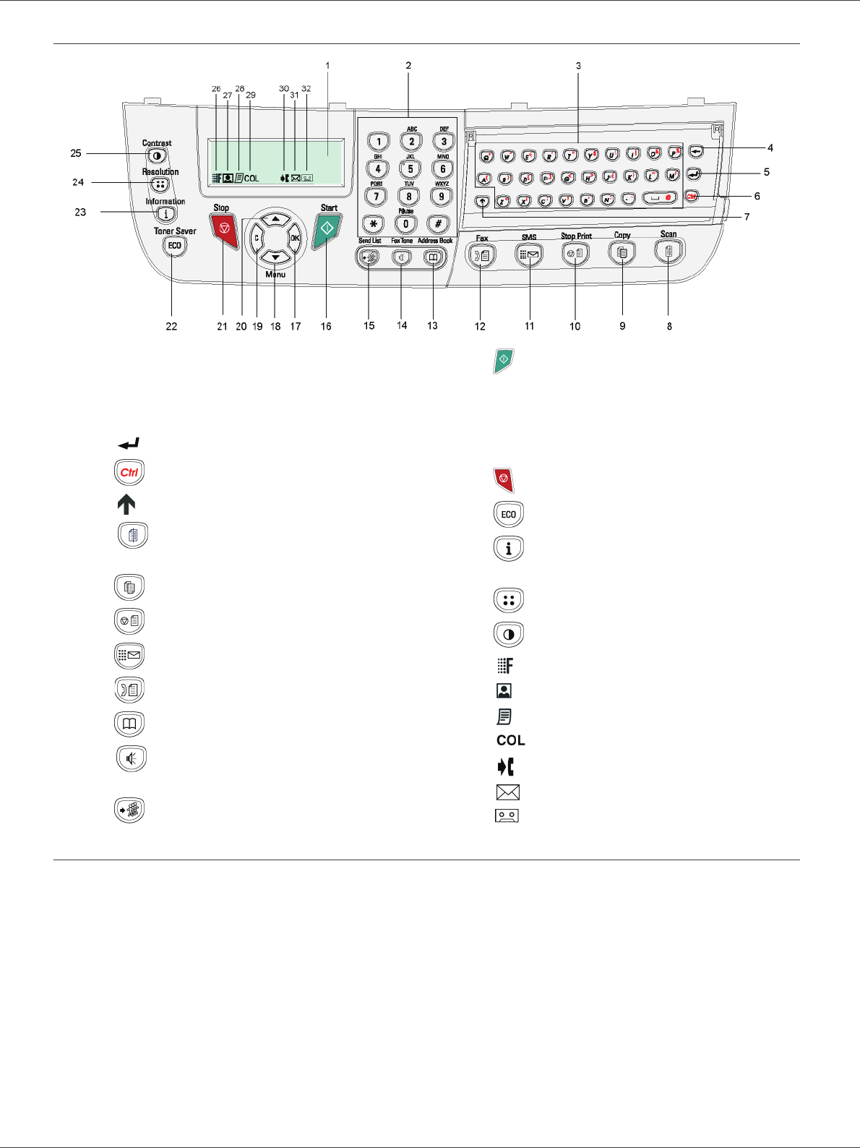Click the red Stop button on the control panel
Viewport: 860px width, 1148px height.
[225, 229]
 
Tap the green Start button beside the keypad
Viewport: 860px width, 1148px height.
[327, 228]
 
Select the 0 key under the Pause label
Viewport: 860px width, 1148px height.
[406, 224]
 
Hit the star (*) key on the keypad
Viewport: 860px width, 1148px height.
[373, 224]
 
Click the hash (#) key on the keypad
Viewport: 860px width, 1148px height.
[438, 224]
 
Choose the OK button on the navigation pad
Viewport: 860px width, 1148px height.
[295, 238]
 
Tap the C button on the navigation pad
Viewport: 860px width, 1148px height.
[257, 238]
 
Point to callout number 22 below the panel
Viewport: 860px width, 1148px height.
[171, 327]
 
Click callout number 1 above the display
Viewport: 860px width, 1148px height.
[327, 66]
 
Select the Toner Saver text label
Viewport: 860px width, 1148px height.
[175, 231]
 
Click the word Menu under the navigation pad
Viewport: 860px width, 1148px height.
[275, 275]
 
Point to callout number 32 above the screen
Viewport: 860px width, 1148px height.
[306, 89]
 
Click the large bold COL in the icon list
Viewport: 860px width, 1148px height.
[511, 740]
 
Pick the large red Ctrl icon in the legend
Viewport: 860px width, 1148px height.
[129, 473]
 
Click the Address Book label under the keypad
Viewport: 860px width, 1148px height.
[435, 241]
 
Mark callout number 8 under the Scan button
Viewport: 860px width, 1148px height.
[669, 327]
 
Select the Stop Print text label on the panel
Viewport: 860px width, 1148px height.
[576, 236]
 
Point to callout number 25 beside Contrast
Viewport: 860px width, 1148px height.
[76, 153]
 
